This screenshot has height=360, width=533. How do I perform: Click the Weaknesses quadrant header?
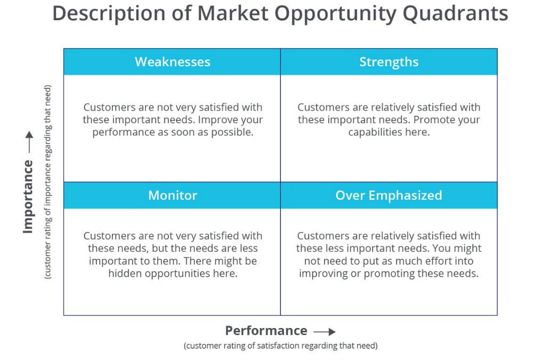pos(172,62)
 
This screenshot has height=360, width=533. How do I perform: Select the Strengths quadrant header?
pos(389,62)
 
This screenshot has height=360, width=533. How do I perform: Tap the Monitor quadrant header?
pos(172,195)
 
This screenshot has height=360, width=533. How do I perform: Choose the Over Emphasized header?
pos(389,195)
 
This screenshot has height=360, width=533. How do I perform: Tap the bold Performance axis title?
pos(266,331)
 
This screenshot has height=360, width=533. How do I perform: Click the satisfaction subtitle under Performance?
pos(280,346)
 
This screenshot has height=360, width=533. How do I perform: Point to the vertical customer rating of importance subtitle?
pos(48,181)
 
